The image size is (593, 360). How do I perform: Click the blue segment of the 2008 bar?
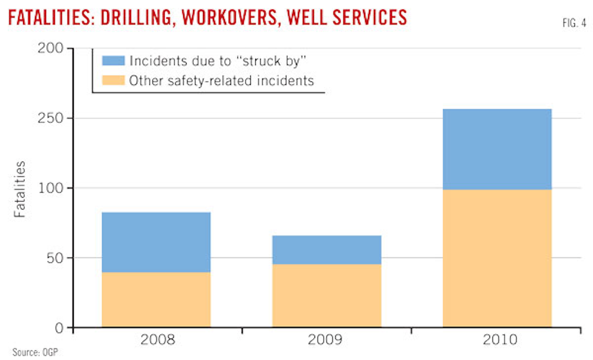coord(156,242)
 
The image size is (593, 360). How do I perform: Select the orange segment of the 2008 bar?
coord(156,299)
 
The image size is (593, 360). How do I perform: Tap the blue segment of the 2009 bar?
coord(327,250)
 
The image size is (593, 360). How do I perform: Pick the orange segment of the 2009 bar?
coord(327,295)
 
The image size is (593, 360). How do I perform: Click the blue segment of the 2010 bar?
coord(497,149)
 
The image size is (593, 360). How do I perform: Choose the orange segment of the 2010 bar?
coord(497,258)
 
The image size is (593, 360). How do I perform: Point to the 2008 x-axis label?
coord(158,339)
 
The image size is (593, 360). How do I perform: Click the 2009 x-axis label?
coord(325,339)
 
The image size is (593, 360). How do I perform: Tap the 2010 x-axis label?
coord(500,339)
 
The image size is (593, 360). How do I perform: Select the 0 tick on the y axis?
coord(59,328)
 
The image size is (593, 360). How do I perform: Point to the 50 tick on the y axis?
coord(55,258)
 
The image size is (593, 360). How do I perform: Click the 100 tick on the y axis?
coord(51,188)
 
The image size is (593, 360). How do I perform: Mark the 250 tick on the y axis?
coord(51,118)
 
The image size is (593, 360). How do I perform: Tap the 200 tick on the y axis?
coord(51,48)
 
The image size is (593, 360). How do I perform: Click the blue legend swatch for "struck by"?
coord(113,61)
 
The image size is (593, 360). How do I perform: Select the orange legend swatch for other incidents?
coord(113,80)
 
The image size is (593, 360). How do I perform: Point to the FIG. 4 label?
coord(574,23)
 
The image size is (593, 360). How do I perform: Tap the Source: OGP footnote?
coord(35,353)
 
